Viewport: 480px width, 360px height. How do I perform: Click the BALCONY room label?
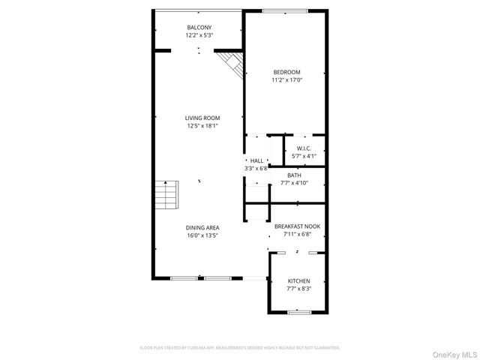(x=199, y=28)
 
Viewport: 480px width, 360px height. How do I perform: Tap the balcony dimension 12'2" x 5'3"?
(x=199, y=35)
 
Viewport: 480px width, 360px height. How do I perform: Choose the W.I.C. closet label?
(x=304, y=148)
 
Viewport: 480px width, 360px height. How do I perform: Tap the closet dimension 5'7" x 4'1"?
(x=304, y=156)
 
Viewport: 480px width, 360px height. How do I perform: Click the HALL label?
(x=256, y=161)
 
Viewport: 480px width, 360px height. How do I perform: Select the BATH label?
(x=294, y=175)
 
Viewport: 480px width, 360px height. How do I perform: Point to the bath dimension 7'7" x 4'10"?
(x=294, y=182)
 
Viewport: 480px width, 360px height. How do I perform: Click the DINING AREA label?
(x=202, y=227)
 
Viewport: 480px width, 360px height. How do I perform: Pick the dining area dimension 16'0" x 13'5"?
(x=202, y=235)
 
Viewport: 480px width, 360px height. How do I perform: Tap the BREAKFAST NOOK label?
(x=298, y=226)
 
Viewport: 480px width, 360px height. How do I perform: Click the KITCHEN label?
(x=298, y=280)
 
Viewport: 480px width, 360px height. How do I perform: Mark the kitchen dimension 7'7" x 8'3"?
(x=298, y=288)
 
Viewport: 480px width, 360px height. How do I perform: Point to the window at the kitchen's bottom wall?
(x=299, y=311)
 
